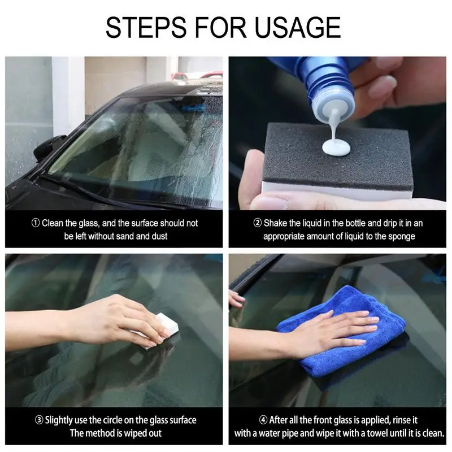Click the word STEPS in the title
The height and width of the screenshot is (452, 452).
(146, 27)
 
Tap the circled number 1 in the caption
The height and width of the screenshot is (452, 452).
(36, 223)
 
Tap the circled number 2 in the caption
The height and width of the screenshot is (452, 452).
(258, 223)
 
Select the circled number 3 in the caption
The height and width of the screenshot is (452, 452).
(39, 420)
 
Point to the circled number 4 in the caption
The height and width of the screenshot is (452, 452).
(263, 420)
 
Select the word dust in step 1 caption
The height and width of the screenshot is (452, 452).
(159, 236)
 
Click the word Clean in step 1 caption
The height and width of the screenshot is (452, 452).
(53, 223)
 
